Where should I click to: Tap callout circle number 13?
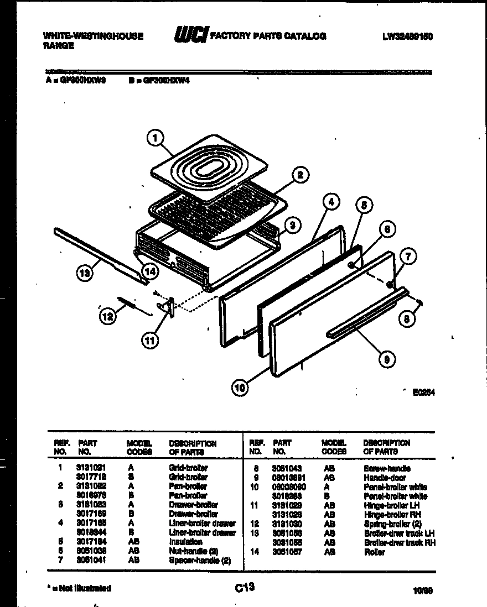coord(84,273)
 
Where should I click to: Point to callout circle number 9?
coord(387,359)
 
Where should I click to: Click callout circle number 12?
coord(108,316)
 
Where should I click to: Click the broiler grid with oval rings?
coord(205,166)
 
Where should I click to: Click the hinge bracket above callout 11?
coord(170,307)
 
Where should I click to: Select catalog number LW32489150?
coord(407,36)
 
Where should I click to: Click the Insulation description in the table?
coord(185,542)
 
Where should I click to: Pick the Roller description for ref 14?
coord(375,552)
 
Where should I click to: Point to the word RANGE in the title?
coord(58,46)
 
